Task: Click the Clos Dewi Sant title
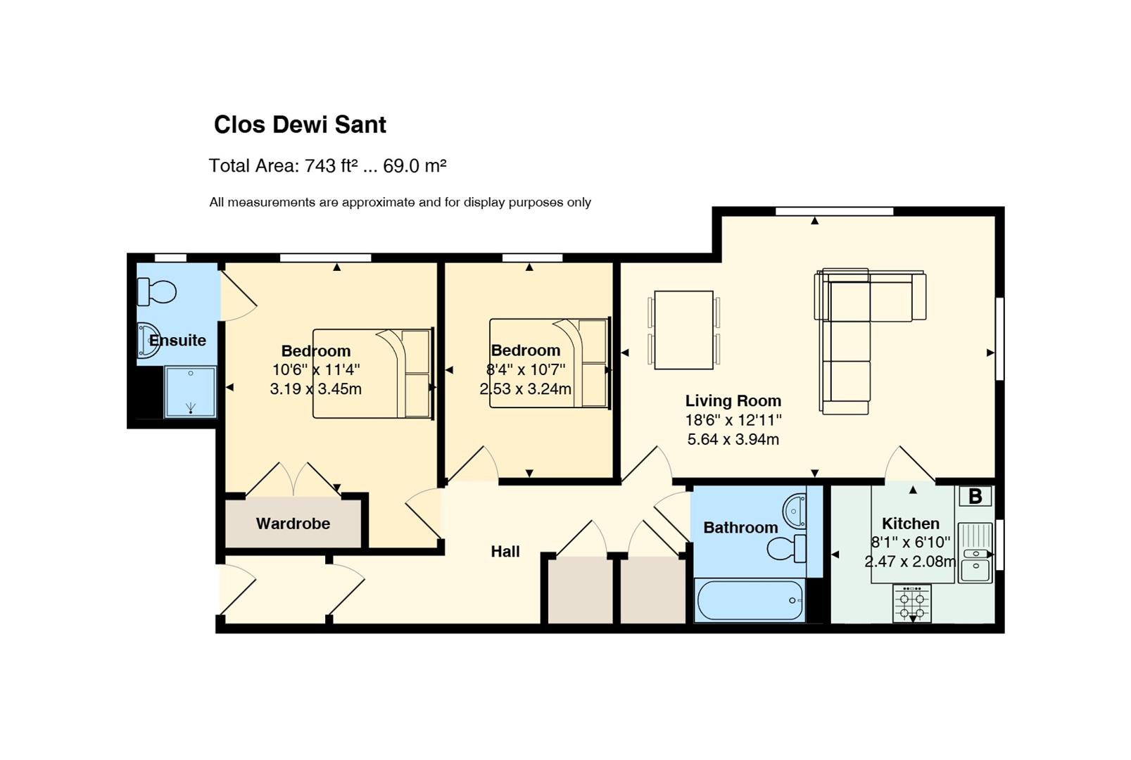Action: click(300, 125)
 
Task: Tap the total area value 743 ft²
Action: click(331, 165)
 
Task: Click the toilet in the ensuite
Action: click(156, 292)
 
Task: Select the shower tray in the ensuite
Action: click(190, 392)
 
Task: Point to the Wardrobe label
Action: click(293, 524)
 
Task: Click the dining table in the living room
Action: click(683, 330)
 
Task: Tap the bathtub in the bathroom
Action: click(750, 600)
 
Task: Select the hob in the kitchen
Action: click(912, 604)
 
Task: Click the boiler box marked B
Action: click(975, 496)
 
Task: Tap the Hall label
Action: click(505, 552)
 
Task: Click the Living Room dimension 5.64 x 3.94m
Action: click(733, 439)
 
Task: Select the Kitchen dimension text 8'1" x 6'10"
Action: click(911, 543)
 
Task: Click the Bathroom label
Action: click(740, 528)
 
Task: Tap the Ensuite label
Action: click(178, 341)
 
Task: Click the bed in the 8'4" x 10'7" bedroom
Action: click(550, 363)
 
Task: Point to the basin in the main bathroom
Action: click(795, 512)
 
